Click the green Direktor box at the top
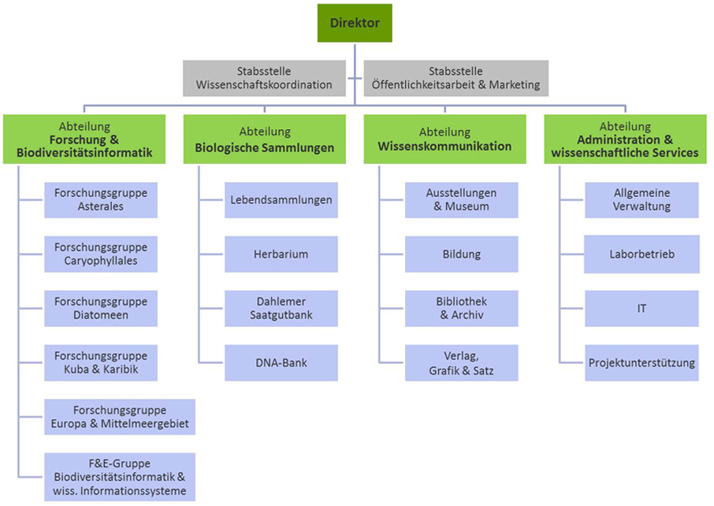355,23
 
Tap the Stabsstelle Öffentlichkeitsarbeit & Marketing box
456,78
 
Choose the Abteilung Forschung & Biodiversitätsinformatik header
84,140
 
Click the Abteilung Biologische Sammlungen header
265,140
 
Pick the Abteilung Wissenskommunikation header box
444,140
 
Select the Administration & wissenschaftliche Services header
625,140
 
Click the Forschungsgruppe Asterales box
101,200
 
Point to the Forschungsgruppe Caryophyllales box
101,255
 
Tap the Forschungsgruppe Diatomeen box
101,308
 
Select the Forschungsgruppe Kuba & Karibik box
101,363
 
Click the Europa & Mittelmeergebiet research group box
120,417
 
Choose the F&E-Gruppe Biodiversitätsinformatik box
120,477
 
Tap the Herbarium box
281,255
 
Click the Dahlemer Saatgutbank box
281,308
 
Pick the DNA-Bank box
281,363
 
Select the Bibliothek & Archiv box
462,308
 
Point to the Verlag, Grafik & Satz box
462,363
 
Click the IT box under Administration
641,308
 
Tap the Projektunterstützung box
641,363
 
